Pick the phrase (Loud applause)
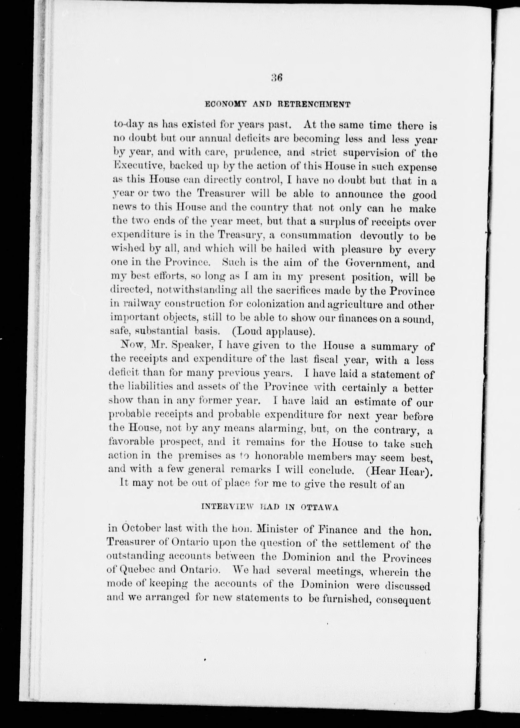272,331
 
